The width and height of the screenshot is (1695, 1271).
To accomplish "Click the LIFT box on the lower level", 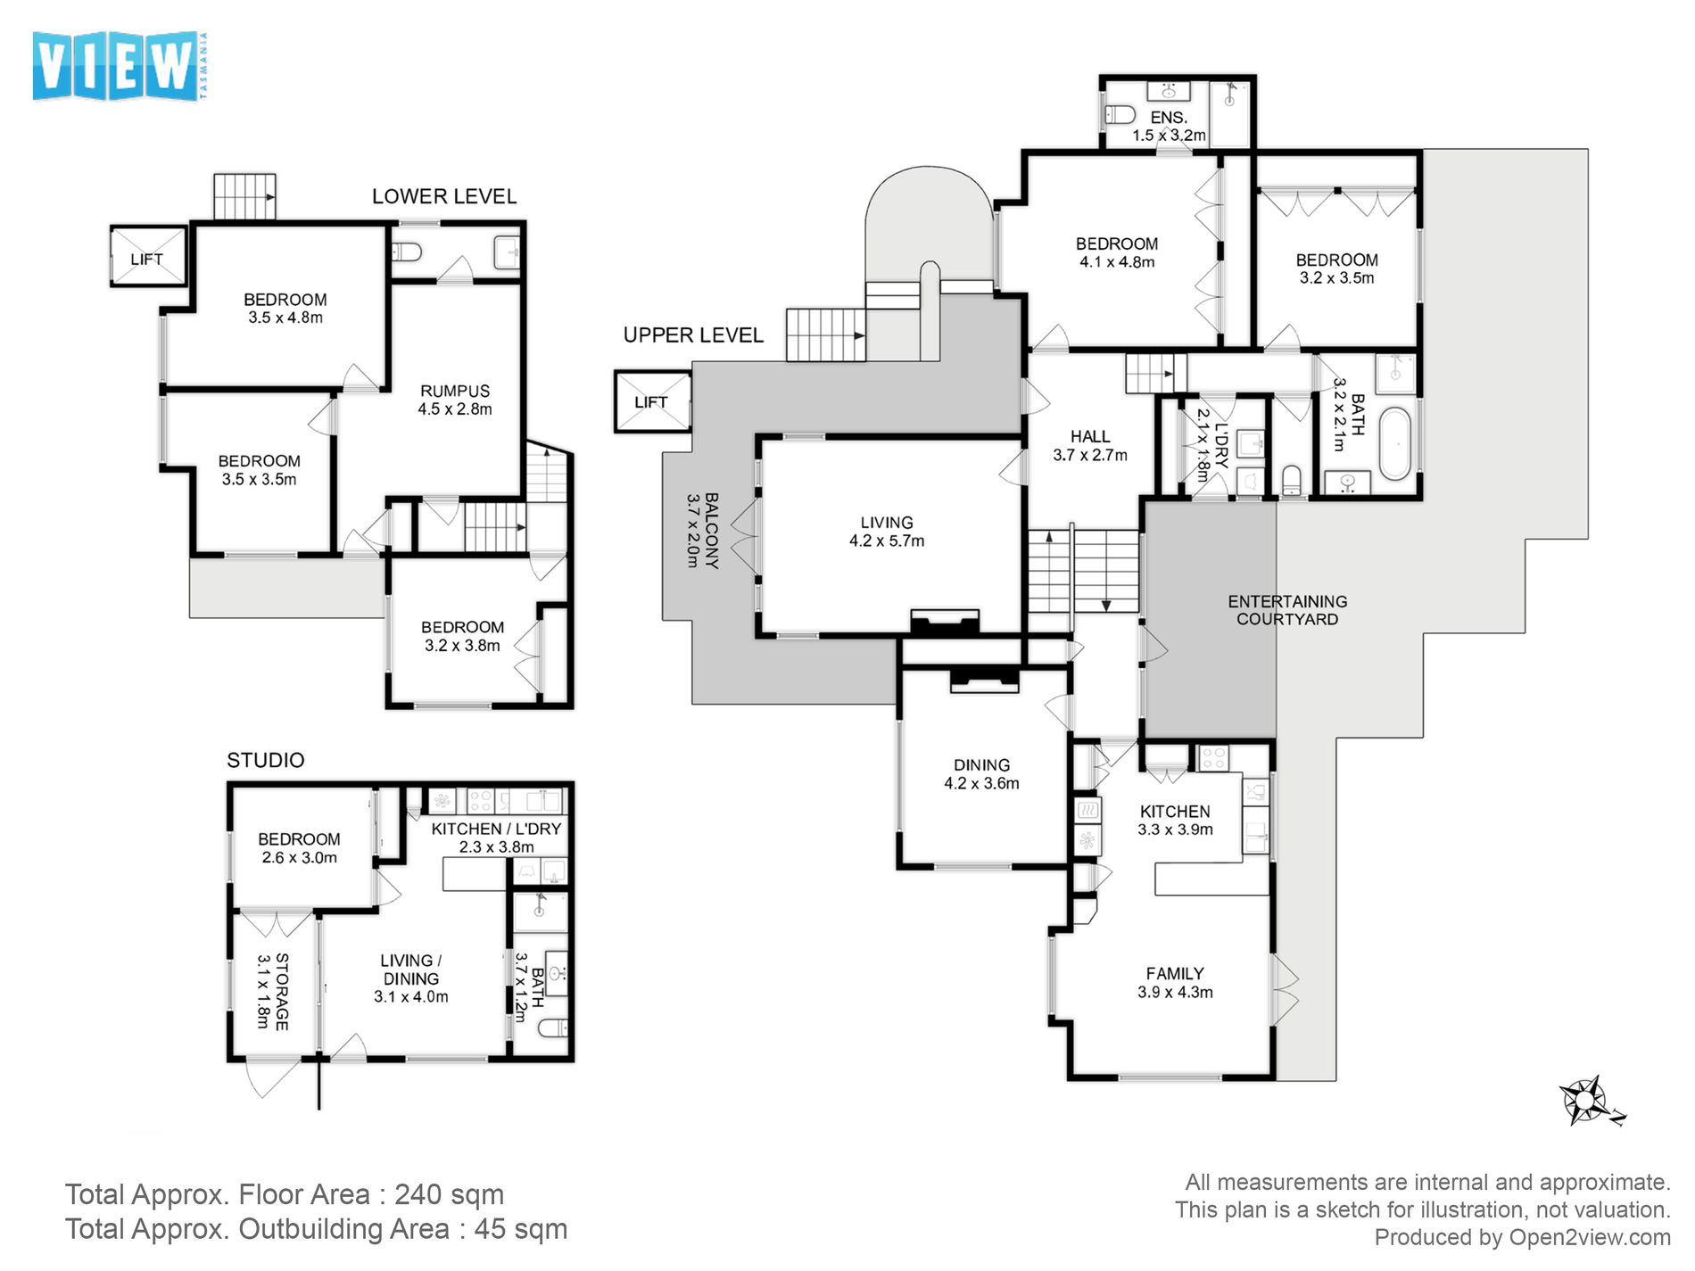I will pos(147,258).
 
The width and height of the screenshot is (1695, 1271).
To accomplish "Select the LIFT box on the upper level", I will pos(652,401).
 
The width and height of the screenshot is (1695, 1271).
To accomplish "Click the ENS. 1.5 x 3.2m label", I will pos(1169,126).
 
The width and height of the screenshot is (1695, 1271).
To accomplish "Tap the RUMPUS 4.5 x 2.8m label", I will pos(455,400).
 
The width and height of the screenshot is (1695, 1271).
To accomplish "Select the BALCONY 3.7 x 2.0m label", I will pos(701,530).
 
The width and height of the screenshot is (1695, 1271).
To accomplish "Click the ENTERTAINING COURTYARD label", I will pos(1286,610).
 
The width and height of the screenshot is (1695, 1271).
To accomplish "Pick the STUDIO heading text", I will pos(265,760).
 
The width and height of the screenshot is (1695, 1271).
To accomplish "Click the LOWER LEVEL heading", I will pos(443,196).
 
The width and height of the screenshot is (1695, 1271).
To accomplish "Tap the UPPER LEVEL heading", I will pos(693,335).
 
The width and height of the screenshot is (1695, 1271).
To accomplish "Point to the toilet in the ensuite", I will pos(1119,114).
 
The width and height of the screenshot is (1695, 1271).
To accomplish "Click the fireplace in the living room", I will pos(944,621).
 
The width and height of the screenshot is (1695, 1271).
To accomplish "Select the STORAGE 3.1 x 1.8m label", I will pos(272,990).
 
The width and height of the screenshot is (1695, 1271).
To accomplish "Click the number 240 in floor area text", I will pos(423,1194).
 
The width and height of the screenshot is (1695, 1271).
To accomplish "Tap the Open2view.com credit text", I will pos(1589,1238).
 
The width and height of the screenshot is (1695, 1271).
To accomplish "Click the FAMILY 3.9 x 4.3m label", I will pos(1175,982).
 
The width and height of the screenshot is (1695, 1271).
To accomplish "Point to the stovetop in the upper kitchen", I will pos(1213,758).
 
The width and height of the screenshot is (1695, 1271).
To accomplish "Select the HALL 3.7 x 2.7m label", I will pos(1089,445).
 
